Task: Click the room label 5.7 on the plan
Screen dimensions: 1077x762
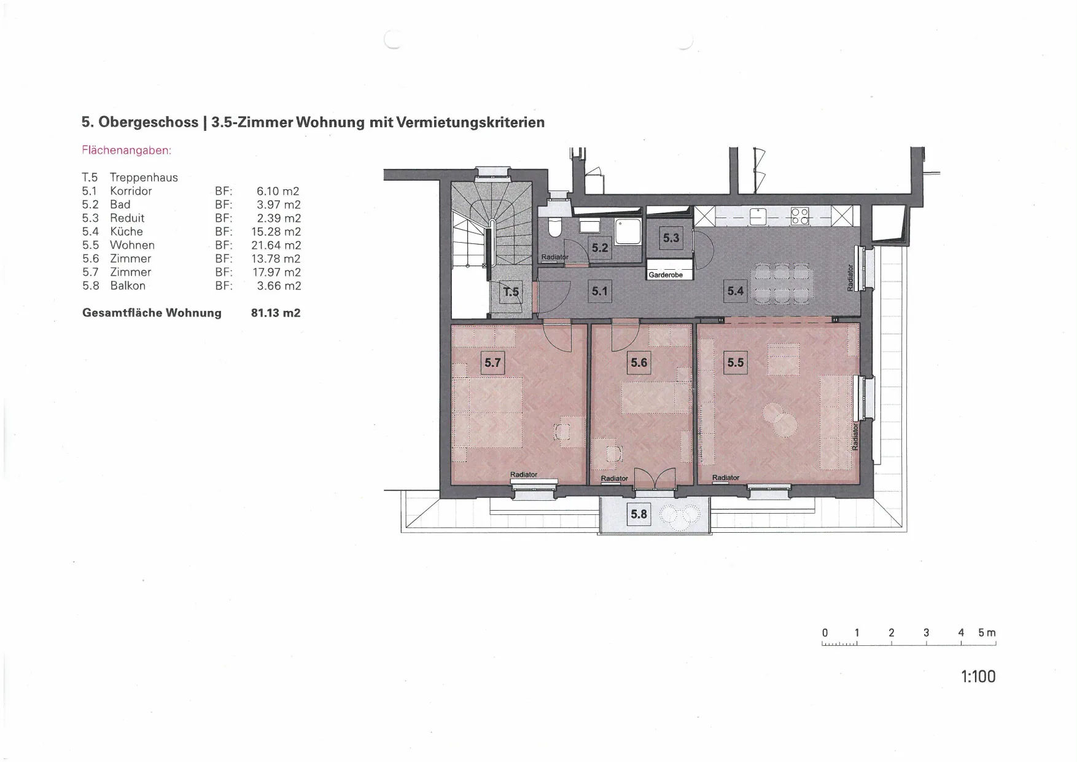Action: point(492,363)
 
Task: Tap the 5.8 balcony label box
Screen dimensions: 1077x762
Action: point(639,514)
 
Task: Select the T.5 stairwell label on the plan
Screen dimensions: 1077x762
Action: point(511,292)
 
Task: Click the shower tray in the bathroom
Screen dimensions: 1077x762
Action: point(628,232)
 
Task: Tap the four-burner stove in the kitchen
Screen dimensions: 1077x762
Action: point(800,216)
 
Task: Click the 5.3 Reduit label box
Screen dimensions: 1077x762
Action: point(671,238)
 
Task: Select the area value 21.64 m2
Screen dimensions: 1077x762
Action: point(276,245)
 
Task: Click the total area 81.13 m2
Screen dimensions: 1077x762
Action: point(276,313)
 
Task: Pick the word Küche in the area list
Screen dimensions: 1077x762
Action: point(126,232)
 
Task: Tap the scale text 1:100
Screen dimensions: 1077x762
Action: point(978,677)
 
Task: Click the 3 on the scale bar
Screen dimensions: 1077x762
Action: point(926,632)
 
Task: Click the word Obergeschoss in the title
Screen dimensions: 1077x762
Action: point(149,122)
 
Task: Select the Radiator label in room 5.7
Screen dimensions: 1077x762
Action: point(524,474)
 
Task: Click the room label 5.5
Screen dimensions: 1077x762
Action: point(735,363)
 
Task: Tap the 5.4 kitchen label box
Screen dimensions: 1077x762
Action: point(735,291)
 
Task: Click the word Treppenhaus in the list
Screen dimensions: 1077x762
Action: point(144,178)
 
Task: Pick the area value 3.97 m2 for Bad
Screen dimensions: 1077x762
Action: point(279,205)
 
